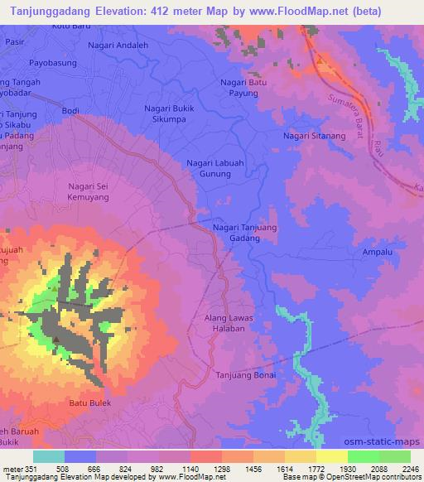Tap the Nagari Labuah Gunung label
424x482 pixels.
click(214, 169)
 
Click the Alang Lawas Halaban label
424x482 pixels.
click(227, 324)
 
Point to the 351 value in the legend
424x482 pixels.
click(29, 468)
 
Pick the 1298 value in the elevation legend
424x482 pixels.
click(219, 468)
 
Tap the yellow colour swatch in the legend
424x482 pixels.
click(332, 456)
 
